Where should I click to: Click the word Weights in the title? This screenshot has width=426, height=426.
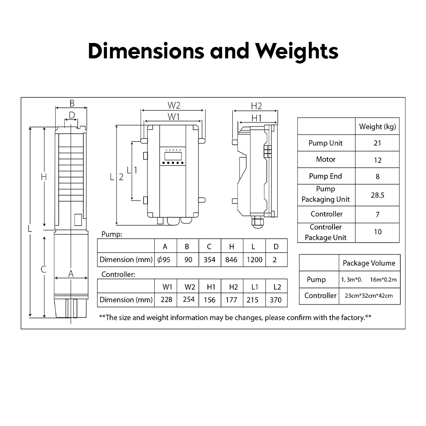pos(297,51)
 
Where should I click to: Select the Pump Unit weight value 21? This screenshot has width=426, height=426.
pos(377,143)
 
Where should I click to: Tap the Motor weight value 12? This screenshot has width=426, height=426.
pos(377,160)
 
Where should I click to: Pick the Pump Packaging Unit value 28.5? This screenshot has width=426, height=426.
pos(377,195)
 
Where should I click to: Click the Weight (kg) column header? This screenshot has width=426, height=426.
pos(377,127)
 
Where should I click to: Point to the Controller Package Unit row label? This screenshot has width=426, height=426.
pos(326,232)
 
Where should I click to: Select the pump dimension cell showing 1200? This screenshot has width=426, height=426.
pos(254,260)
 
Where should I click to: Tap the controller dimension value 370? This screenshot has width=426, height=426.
pos(275,300)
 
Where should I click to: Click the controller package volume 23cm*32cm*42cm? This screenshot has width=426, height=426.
pos(369,296)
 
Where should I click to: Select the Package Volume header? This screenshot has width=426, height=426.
pos(369,263)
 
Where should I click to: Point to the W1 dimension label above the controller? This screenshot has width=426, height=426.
pos(174,117)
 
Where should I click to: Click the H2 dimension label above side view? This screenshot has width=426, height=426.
pos(256,106)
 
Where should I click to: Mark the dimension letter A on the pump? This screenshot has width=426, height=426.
pos(71,273)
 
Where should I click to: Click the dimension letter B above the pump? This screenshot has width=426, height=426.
pos(72,103)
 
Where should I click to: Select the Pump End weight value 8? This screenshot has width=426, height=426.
pos(377,176)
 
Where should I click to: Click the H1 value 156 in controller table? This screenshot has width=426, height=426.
pos(209,300)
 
